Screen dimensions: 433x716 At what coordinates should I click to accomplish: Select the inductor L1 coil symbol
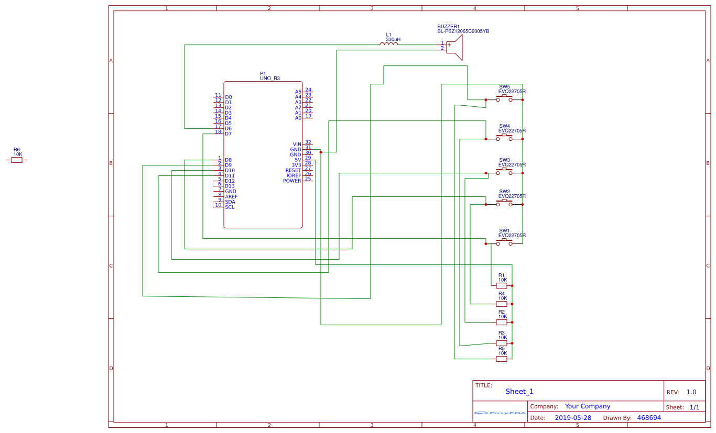(388, 45)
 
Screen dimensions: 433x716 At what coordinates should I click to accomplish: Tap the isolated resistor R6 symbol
(17, 160)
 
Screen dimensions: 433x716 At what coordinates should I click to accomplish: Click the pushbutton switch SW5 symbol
(504, 98)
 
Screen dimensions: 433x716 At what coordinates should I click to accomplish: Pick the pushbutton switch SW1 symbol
(504, 243)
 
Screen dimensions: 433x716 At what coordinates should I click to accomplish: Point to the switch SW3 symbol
(504, 172)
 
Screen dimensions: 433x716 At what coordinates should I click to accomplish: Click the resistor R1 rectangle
(502, 286)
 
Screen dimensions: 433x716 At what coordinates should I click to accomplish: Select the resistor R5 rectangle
(502, 359)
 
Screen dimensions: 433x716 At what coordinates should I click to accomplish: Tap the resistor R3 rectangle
(502, 343)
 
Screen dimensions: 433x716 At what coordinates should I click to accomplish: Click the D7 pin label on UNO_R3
(228, 134)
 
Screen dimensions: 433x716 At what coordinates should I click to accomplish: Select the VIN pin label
(297, 145)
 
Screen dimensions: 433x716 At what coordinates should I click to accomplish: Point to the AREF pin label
(231, 197)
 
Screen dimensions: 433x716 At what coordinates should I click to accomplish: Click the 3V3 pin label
(296, 165)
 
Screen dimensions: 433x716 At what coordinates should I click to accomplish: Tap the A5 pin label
(298, 92)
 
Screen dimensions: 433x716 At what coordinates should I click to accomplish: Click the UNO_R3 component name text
(270, 79)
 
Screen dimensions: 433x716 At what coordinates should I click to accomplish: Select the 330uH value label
(393, 40)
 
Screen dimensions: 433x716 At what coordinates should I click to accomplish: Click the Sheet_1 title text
(519, 392)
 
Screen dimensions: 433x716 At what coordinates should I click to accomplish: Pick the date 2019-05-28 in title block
(572, 418)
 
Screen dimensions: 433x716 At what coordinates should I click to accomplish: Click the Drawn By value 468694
(649, 418)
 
